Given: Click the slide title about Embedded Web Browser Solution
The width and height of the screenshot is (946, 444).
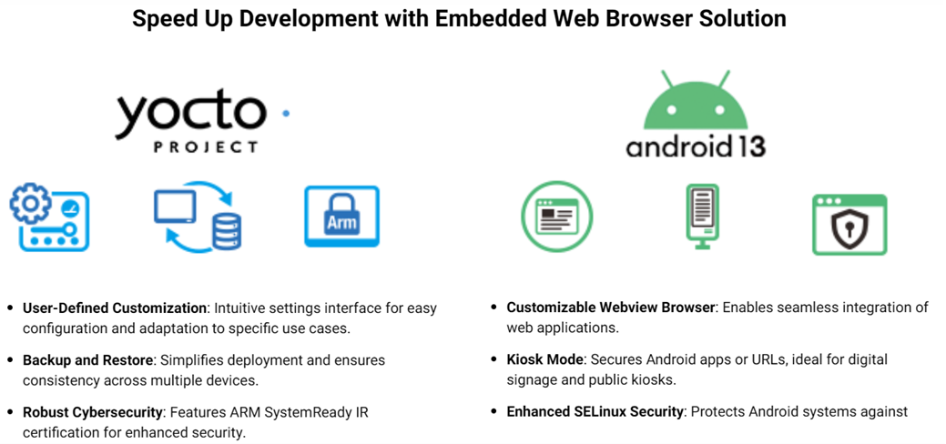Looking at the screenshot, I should tap(459, 19).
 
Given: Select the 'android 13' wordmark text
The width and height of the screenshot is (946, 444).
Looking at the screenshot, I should tap(696, 146).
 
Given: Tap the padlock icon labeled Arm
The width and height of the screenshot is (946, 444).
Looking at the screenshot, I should tap(341, 217).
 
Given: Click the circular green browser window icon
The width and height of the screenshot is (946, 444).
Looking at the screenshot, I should tap(556, 217).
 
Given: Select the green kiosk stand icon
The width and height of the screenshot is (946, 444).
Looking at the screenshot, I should tap(702, 214).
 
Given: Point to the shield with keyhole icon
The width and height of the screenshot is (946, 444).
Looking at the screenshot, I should tap(849, 223).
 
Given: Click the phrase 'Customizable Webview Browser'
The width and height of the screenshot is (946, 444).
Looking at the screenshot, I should tap(611, 308).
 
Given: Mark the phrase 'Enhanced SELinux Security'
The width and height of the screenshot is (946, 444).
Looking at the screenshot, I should tap(595, 412).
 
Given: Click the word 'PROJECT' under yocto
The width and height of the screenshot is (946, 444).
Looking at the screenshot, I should tap(192, 146).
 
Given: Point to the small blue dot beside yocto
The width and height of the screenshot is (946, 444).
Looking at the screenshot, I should tap(285, 114).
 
